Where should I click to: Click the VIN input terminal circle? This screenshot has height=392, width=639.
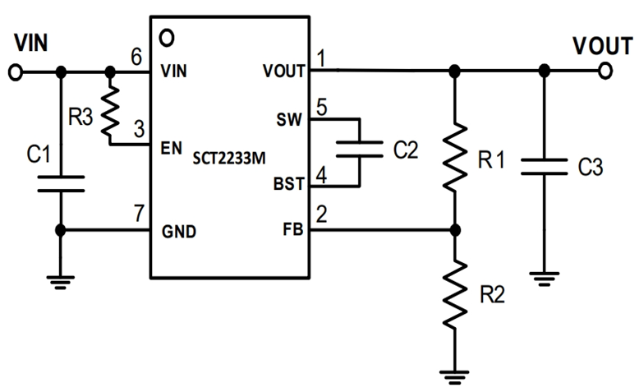coord(15,73)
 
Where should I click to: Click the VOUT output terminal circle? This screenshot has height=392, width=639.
coord(605,71)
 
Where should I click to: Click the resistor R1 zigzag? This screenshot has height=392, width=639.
coord(455,156)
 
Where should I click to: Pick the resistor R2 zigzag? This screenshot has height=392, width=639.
coord(455,292)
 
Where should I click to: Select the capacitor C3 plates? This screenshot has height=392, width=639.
coord(541,167)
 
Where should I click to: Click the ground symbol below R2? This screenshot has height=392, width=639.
coord(455,375)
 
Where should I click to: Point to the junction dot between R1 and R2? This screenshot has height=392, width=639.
coord(455,231)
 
